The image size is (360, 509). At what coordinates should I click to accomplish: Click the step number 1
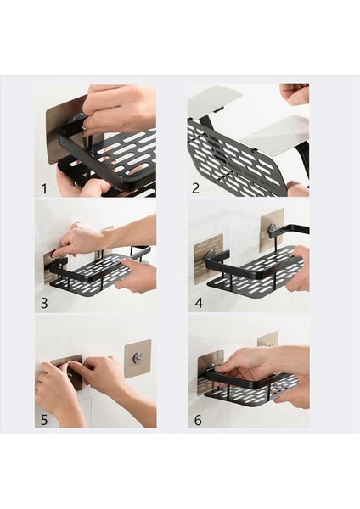[44, 188]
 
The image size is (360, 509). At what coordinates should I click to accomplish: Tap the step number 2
[195, 188]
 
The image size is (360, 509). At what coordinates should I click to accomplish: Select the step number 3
[44, 303]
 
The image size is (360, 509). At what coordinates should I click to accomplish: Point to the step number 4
[199, 303]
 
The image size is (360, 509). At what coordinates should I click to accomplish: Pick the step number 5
[44, 420]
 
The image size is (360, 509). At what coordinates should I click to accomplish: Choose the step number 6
[198, 420]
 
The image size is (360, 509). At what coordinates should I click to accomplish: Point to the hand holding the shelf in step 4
[301, 268]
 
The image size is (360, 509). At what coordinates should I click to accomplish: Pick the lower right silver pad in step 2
[277, 134]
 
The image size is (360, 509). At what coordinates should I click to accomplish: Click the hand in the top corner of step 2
[295, 94]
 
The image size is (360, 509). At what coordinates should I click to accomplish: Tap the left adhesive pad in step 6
[207, 372]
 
